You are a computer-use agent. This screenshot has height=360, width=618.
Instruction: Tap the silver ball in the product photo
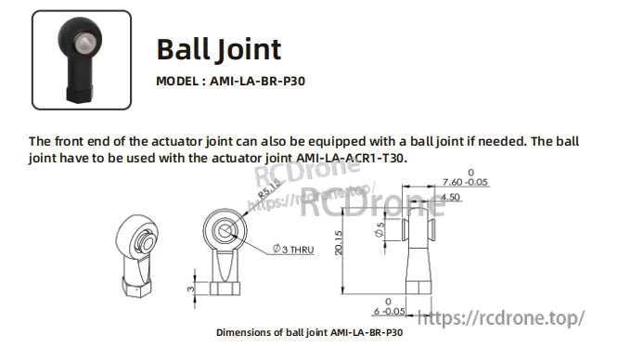(x=85, y=44)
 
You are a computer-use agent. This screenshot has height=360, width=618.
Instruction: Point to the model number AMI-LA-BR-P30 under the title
(x=257, y=81)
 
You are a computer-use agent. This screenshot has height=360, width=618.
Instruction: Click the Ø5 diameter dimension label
(x=380, y=231)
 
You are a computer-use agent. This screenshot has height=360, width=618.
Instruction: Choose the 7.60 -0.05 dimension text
(x=466, y=182)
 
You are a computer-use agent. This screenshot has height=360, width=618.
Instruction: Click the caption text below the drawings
(x=309, y=332)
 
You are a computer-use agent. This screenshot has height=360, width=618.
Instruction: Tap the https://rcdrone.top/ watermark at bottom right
(x=502, y=317)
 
